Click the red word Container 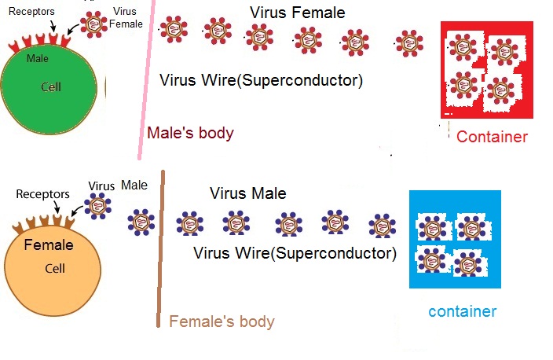(492, 137)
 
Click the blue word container (463, 311)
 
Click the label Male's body (191, 133)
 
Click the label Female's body (222, 321)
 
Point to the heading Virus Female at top (297, 13)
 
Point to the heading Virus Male (247, 193)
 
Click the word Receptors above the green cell (31, 13)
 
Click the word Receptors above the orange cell (42, 193)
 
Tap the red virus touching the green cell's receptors (94, 24)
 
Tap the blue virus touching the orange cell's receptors (97, 207)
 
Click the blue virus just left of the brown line (141, 222)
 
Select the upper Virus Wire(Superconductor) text (260, 79)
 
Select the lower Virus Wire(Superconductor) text (294, 253)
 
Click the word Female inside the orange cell (49, 245)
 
